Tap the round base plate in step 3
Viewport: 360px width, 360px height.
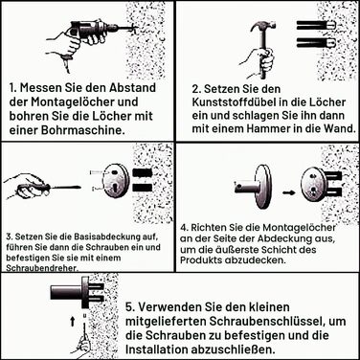point(117,181)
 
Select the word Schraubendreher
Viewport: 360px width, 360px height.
point(42,268)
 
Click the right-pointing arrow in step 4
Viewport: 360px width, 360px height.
point(289,193)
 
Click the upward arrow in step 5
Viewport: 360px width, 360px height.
point(73,322)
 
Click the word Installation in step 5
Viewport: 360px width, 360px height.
point(156,349)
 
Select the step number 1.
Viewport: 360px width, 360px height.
point(12,88)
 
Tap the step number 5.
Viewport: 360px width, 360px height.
point(129,307)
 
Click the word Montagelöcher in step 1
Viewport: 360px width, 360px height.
point(84,102)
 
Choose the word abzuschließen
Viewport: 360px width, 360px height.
point(233,349)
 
